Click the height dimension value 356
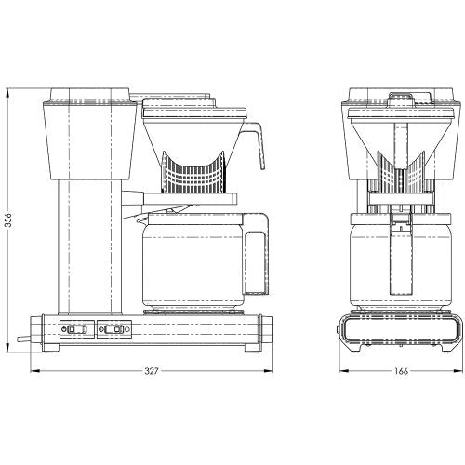coord(8,219)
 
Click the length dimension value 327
coord(152,371)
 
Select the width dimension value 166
coord(402,371)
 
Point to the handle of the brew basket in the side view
coord(256,142)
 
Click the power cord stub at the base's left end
coord(24,339)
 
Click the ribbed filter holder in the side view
coord(193,172)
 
